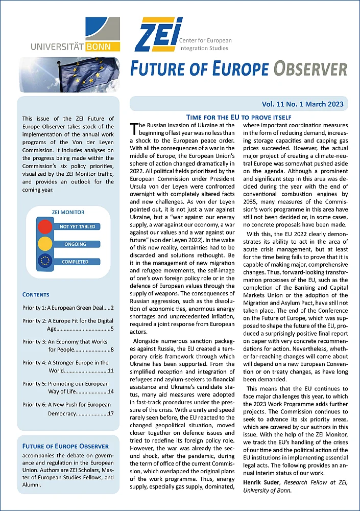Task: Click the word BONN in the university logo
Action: pos(106,47)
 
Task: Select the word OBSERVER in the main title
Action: pos(310,69)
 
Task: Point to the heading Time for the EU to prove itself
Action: pos(239,117)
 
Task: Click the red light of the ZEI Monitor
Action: pos(45,226)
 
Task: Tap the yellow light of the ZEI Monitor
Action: pos(45,244)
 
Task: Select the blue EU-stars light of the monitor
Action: pos(45,262)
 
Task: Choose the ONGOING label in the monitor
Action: pos(75,244)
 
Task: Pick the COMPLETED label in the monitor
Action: pos(75,262)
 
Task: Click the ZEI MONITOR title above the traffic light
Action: pos(68,212)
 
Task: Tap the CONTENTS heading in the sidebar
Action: pos(36,294)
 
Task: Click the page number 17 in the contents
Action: pos(110,412)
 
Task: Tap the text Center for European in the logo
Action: pos(205,40)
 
